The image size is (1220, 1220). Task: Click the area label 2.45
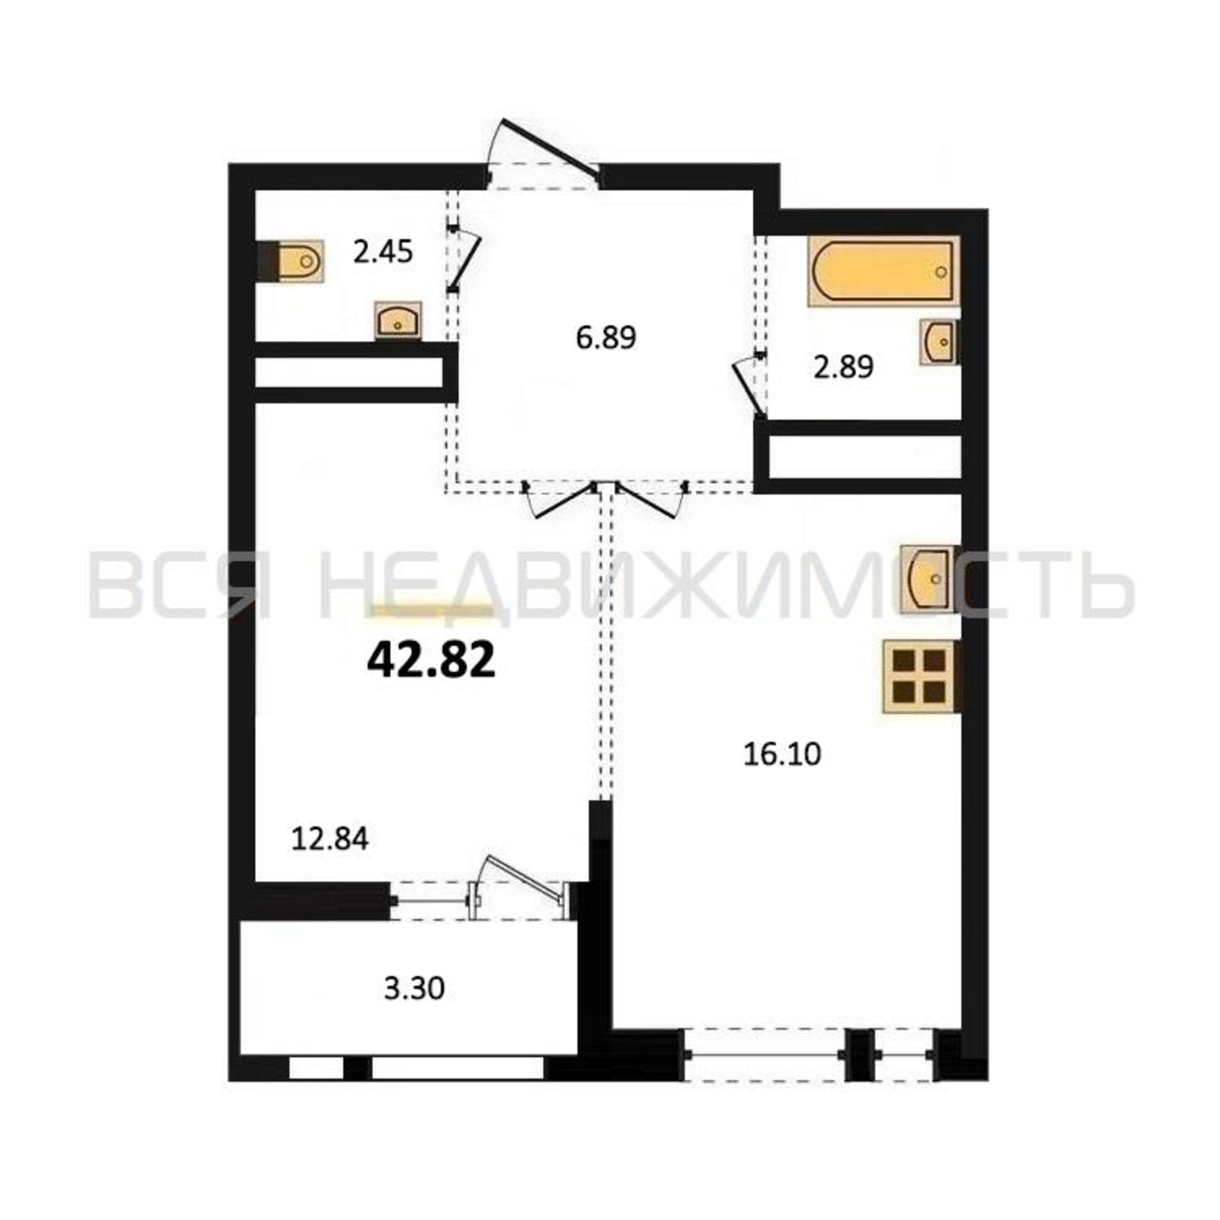[x=382, y=253]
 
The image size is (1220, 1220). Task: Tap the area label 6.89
[x=606, y=338]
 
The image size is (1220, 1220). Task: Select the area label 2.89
[x=843, y=367]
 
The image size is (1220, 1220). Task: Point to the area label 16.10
[x=782, y=754]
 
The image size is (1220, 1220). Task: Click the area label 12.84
[x=329, y=839]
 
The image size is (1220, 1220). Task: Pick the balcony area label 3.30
[x=414, y=988]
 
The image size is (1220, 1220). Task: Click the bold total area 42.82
[x=431, y=662]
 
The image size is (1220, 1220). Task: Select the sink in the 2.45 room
[x=398, y=320]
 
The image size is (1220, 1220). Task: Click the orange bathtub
[x=884, y=271]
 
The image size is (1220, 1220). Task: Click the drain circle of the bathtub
[x=941, y=272]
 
